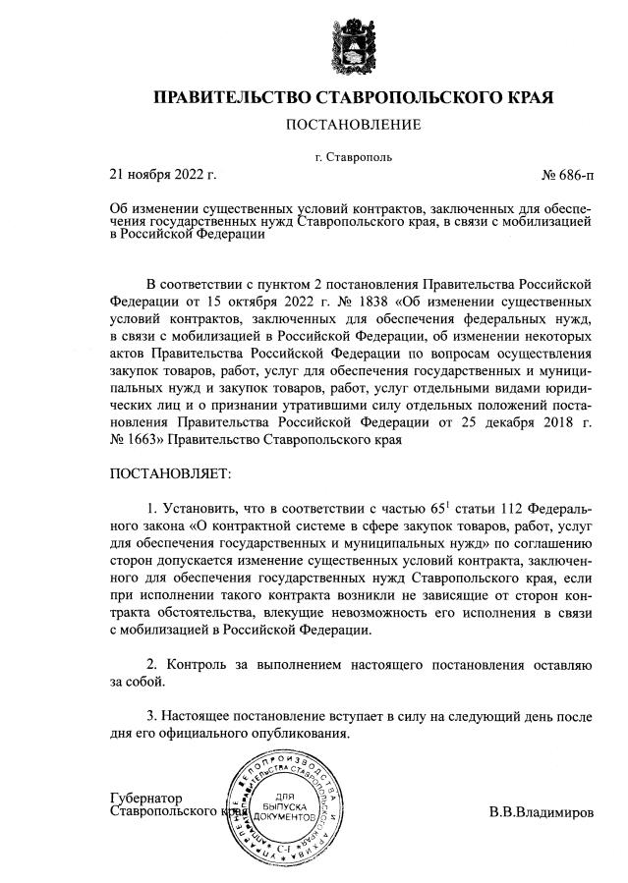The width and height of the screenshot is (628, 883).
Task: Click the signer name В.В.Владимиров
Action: pos(542,813)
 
